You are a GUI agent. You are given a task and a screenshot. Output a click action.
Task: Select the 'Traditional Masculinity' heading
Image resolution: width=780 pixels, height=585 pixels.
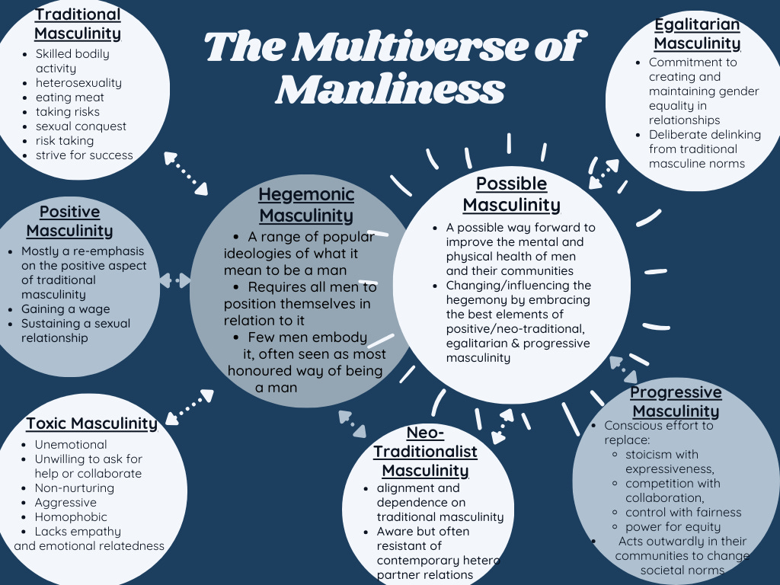[78, 24]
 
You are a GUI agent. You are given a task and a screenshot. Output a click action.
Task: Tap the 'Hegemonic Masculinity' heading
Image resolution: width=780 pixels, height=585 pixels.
[306, 205]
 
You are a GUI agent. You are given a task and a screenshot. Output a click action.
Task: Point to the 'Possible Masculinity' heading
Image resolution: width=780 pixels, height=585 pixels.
[511, 194]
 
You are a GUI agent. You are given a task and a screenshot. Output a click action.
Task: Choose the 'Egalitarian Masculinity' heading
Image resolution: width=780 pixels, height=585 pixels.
[697, 34]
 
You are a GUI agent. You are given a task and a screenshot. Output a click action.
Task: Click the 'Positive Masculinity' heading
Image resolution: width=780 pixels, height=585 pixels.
[69, 221]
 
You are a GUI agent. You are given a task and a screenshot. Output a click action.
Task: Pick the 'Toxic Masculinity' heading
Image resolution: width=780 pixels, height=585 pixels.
[91, 424]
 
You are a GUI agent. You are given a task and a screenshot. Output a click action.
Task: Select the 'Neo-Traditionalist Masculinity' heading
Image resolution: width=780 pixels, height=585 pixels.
[425, 452]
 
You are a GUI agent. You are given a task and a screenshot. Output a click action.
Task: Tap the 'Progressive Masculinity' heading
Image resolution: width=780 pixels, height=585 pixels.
[676, 401]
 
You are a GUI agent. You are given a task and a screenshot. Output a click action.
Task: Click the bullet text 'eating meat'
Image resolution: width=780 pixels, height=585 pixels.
[70, 97]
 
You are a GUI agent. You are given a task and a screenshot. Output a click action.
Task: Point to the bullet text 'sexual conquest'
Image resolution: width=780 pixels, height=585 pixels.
[81, 126]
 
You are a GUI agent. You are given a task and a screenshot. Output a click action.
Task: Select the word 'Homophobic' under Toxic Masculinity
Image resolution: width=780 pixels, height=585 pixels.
[69, 517]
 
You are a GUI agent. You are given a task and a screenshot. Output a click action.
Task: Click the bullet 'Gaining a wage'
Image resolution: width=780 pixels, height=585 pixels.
[66, 309]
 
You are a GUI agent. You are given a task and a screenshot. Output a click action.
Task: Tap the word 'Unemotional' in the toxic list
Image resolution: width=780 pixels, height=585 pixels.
[71, 445]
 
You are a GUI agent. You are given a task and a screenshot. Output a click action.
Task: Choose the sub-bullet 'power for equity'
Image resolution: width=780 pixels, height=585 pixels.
[673, 527]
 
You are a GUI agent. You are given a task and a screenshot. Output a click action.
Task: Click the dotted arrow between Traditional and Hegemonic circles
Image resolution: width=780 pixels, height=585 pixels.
[186, 174]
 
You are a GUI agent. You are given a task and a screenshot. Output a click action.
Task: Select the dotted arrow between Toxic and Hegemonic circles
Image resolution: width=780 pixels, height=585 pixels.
[190, 406]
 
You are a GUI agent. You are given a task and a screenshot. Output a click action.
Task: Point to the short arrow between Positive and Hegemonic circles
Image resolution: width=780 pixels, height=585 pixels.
[175, 281]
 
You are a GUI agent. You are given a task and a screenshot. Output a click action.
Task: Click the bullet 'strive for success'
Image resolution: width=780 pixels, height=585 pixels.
[84, 155]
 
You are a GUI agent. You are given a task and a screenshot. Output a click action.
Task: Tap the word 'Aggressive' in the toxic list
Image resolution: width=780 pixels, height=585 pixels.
[66, 503]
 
